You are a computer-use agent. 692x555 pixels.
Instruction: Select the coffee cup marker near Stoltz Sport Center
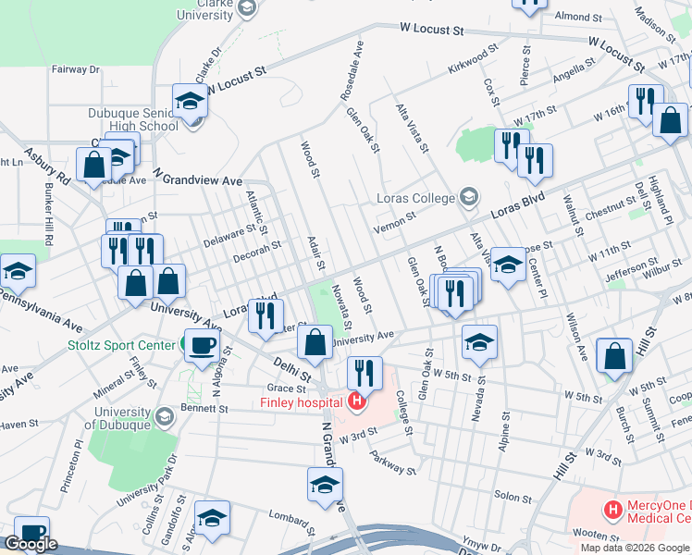(203, 347)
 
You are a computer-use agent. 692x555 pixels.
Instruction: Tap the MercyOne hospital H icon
(611, 510)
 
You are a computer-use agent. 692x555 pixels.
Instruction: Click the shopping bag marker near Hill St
(615, 357)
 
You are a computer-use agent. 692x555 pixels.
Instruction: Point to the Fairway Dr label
(76, 69)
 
